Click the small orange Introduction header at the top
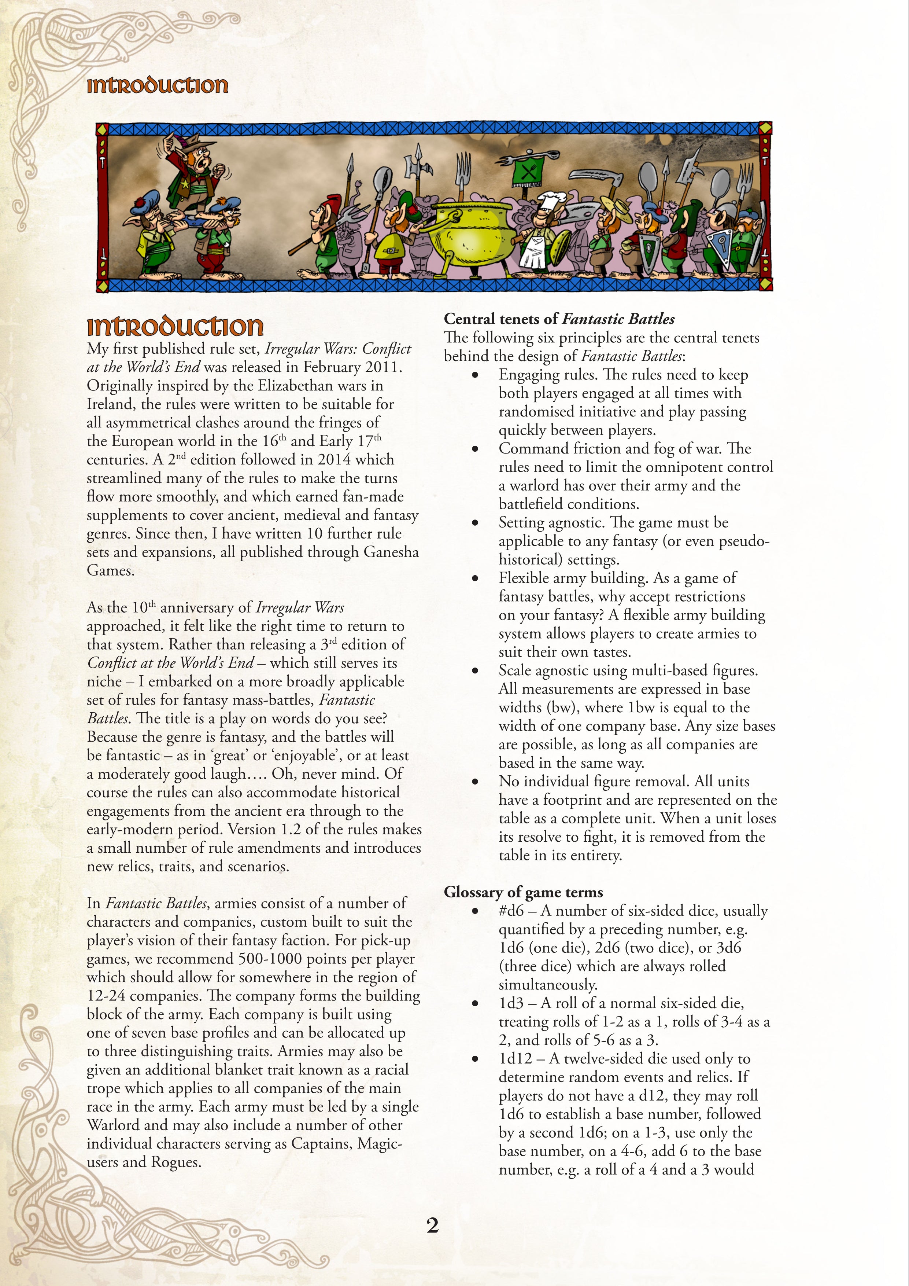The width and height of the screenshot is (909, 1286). point(157,86)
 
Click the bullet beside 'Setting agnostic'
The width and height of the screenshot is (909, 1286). point(475,523)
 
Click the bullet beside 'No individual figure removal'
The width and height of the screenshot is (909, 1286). point(475,782)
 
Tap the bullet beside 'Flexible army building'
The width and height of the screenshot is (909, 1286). point(475,578)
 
